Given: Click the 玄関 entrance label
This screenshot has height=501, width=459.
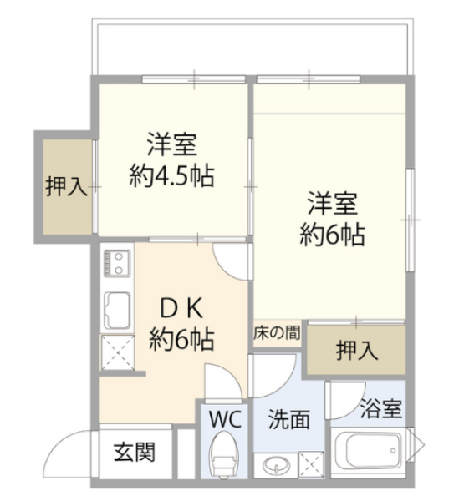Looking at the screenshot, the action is click(135, 452).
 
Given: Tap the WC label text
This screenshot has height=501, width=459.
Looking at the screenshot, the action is click(225, 419).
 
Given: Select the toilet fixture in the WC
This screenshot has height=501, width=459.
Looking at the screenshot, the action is click(223, 453).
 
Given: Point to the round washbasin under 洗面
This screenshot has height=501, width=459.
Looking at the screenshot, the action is click(277, 465).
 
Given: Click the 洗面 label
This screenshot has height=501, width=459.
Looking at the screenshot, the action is click(288, 419).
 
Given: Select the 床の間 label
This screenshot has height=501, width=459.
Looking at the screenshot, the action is click(277, 333).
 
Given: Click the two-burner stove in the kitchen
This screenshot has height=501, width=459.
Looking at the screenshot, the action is click(117, 264).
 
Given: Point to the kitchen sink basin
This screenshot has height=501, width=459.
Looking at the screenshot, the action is click(117, 311).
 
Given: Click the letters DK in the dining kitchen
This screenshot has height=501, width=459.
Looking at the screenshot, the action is click(181, 309).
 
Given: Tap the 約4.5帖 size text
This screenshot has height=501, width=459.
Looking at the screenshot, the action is click(171, 175).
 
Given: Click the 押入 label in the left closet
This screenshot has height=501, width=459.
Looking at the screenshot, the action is click(66, 186).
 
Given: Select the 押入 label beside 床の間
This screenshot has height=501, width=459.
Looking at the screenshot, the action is click(357, 350).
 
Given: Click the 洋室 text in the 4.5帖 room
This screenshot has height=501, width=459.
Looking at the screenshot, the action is click(171, 144).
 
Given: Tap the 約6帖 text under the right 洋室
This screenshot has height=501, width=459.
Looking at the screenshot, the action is click(333, 235).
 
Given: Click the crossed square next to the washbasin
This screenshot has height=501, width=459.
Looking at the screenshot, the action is click(311, 465).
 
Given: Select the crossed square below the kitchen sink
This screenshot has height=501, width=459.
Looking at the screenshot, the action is click(118, 352).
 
